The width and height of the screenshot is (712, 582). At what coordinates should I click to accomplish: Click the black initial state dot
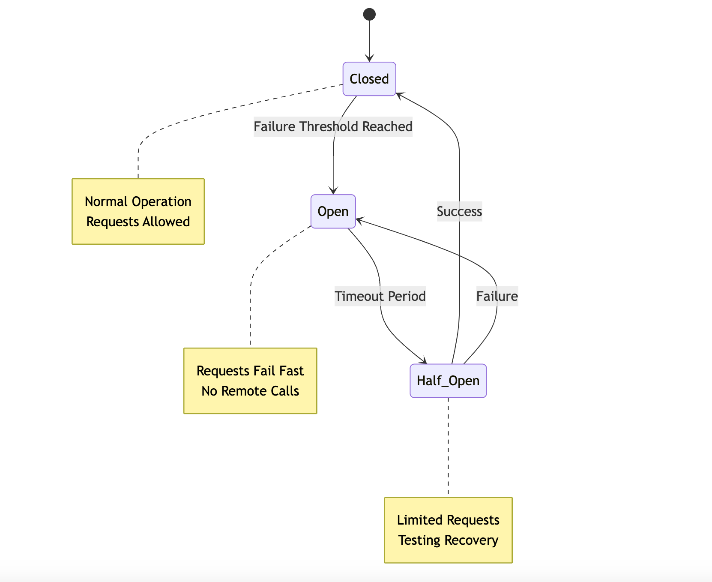click(x=369, y=15)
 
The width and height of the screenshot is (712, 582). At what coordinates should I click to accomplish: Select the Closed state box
click(x=369, y=79)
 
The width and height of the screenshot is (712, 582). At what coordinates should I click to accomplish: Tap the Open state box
click(x=333, y=211)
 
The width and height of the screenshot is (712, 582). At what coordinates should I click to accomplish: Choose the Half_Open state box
click(x=448, y=381)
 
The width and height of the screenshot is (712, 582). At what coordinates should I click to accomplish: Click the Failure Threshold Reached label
click(x=333, y=126)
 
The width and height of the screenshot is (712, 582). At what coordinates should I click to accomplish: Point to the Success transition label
click(x=459, y=211)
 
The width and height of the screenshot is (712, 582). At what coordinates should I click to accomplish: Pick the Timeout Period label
click(x=380, y=296)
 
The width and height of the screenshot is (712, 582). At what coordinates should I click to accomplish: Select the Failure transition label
click(x=497, y=296)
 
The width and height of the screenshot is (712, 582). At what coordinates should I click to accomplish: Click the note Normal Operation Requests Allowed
click(x=138, y=211)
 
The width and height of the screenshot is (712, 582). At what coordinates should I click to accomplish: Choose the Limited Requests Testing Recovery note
click(x=448, y=530)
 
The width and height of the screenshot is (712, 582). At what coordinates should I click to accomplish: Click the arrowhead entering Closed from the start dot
click(x=369, y=59)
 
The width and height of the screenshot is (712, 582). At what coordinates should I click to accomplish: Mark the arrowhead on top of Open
click(x=333, y=191)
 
